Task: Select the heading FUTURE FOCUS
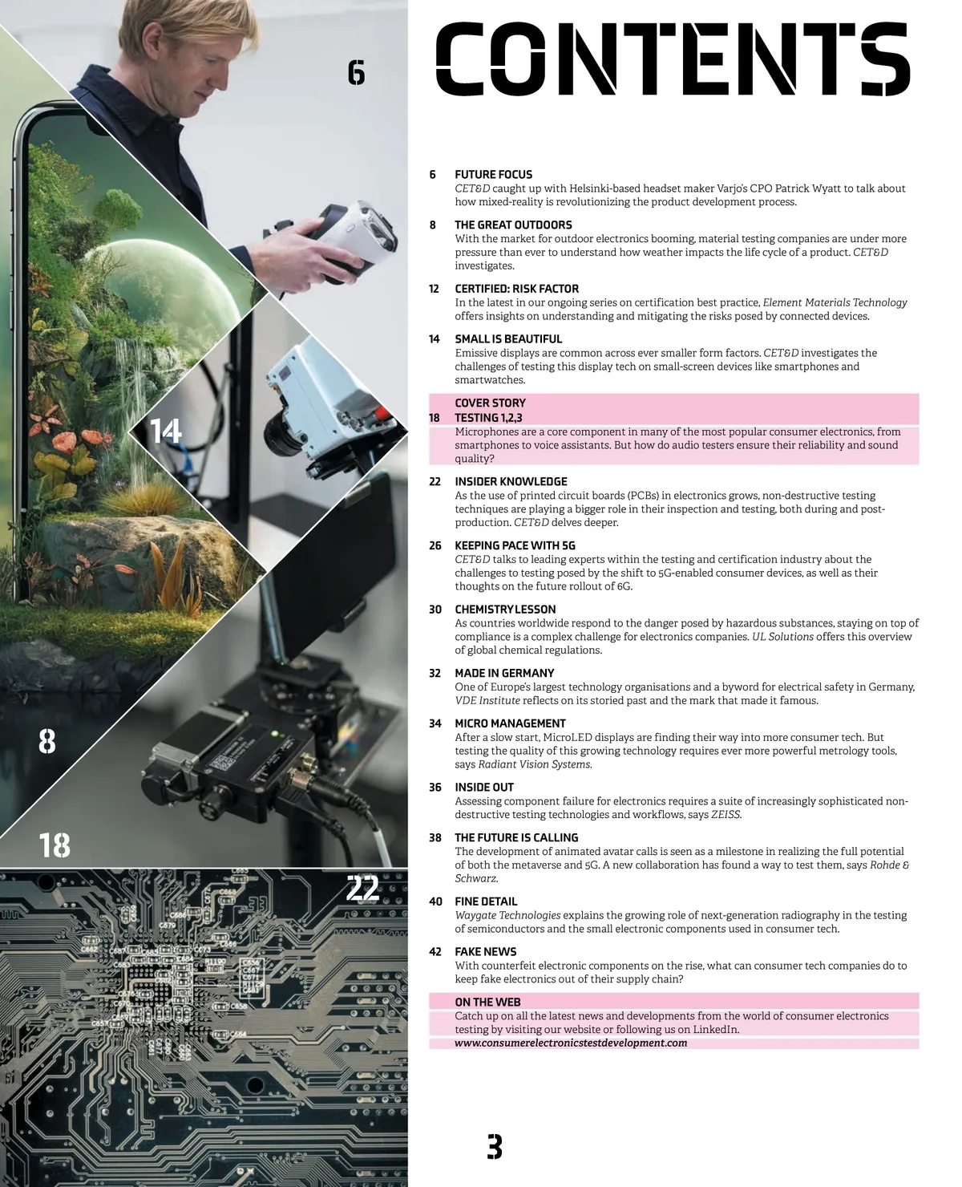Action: pyautogui.click(x=493, y=175)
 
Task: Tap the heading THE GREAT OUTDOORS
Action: pyautogui.click(x=513, y=225)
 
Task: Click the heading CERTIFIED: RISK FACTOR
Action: pyautogui.click(x=516, y=289)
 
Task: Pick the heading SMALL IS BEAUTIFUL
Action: pyautogui.click(x=508, y=339)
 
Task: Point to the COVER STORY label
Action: pyautogui.click(x=490, y=403)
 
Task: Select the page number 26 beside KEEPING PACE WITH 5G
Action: pyautogui.click(x=435, y=546)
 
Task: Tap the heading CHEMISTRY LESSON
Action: pyautogui.click(x=505, y=610)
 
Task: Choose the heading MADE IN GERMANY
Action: pyautogui.click(x=504, y=674)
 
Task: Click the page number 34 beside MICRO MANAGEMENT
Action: pyautogui.click(x=435, y=724)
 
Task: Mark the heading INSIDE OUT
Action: pyautogui.click(x=484, y=788)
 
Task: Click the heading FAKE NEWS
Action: pyautogui.click(x=486, y=952)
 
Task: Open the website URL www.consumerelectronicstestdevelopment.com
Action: pyautogui.click(x=571, y=1043)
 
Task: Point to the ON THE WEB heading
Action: pyautogui.click(x=487, y=1003)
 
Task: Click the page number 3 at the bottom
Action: pyautogui.click(x=495, y=1147)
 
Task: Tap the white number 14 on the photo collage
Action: pyautogui.click(x=166, y=432)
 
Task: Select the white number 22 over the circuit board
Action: pyautogui.click(x=362, y=889)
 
